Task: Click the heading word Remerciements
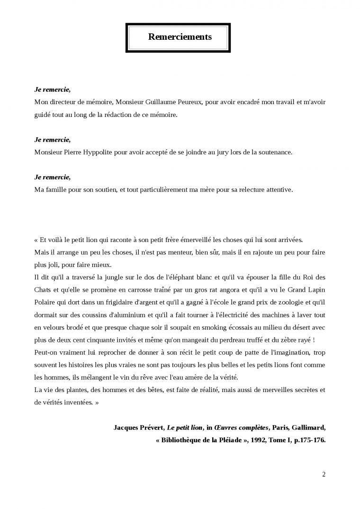point(180,37)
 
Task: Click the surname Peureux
point(189,102)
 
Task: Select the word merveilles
point(268,390)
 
